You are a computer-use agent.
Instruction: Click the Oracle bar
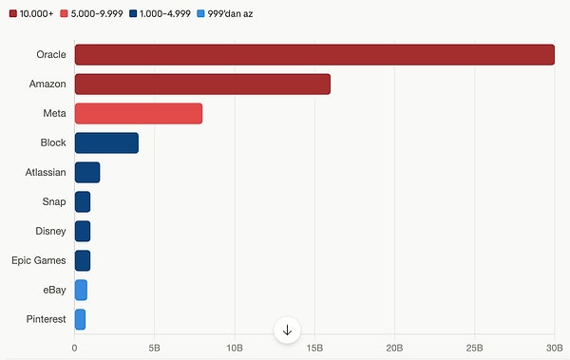tap(313, 55)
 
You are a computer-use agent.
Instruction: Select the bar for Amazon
tap(202, 85)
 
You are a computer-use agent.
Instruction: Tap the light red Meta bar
tap(139, 114)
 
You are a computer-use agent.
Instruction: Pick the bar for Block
tap(106, 143)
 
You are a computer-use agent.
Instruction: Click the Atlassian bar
tap(87, 173)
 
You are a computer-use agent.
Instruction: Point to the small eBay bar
tap(81, 290)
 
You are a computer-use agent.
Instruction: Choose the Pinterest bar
tap(80, 319)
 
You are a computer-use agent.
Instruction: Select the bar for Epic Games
tap(83, 260)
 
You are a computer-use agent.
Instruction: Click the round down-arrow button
tap(287, 330)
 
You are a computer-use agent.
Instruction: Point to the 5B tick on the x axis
tap(155, 348)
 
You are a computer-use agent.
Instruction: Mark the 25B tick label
tap(475, 348)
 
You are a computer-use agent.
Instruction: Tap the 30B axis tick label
tap(555, 348)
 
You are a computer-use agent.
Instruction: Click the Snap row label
tap(54, 202)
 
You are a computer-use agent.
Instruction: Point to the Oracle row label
tap(50, 55)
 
